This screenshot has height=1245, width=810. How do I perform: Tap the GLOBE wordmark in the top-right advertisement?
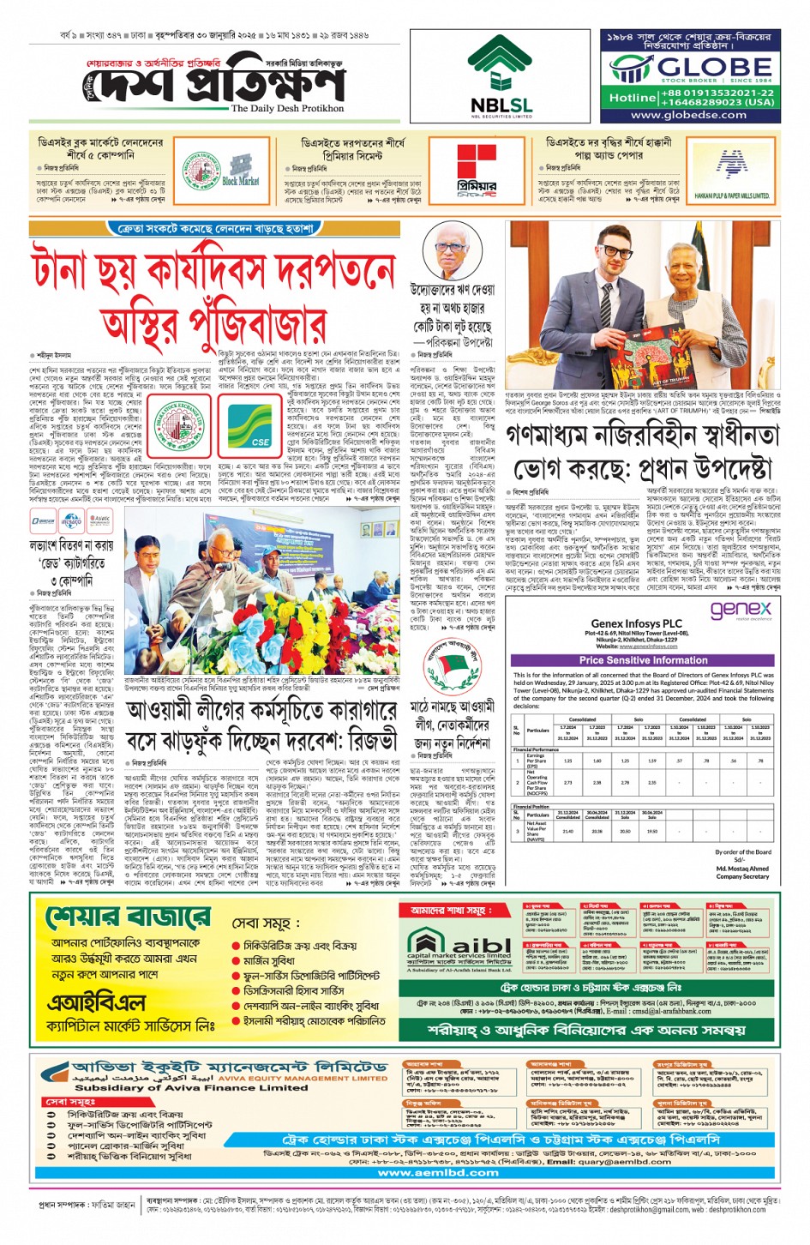[700, 68]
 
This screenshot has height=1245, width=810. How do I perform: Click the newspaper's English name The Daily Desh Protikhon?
[287, 109]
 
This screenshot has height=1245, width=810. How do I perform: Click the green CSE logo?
[249, 426]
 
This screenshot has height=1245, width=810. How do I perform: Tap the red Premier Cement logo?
[476, 171]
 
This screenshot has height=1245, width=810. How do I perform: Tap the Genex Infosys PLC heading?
[636, 624]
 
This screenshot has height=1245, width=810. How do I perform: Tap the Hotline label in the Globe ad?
[632, 98]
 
